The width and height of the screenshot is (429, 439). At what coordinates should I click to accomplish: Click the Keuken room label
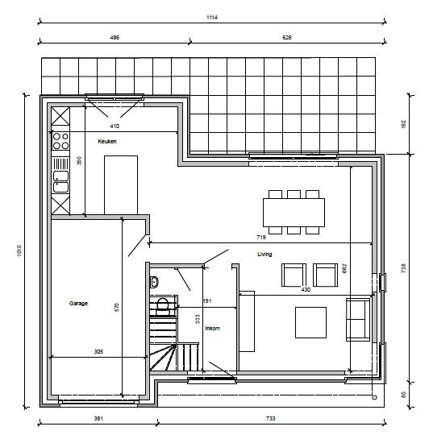(107, 142)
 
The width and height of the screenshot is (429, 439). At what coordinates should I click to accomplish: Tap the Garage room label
(78, 303)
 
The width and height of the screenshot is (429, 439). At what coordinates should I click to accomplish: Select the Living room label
(264, 254)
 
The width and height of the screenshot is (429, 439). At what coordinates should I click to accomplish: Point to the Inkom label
(212, 328)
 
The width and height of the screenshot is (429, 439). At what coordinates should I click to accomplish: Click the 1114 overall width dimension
(212, 18)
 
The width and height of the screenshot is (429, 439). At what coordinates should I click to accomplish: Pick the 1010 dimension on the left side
(19, 251)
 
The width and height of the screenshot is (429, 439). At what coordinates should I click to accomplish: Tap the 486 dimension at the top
(115, 38)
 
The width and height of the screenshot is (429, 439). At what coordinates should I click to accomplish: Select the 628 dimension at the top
(286, 38)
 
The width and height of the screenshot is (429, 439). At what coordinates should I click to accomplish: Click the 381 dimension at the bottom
(98, 418)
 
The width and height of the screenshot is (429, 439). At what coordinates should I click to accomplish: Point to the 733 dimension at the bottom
(270, 418)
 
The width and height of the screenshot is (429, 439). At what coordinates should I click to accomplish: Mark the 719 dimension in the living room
(261, 237)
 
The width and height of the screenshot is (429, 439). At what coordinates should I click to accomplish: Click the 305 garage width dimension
(98, 352)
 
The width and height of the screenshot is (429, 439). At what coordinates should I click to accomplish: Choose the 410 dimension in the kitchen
(115, 126)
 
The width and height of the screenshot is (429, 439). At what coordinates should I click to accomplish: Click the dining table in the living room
(294, 212)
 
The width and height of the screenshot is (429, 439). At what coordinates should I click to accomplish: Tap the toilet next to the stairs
(162, 306)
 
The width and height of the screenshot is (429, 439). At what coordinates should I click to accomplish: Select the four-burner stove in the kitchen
(60, 141)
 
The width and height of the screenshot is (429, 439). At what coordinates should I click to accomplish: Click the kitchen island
(121, 185)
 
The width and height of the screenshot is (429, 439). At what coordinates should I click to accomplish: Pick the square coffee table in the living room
(310, 322)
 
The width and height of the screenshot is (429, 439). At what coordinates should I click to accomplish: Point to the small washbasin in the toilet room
(154, 282)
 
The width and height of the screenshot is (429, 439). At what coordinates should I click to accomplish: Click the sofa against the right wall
(358, 320)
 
